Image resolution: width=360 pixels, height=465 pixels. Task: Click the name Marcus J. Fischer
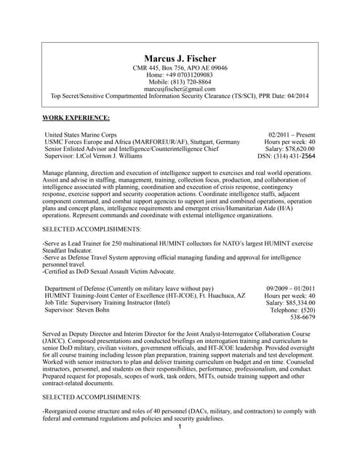click(180, 57)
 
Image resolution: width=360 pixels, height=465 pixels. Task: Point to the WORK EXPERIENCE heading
click(76, 117)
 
